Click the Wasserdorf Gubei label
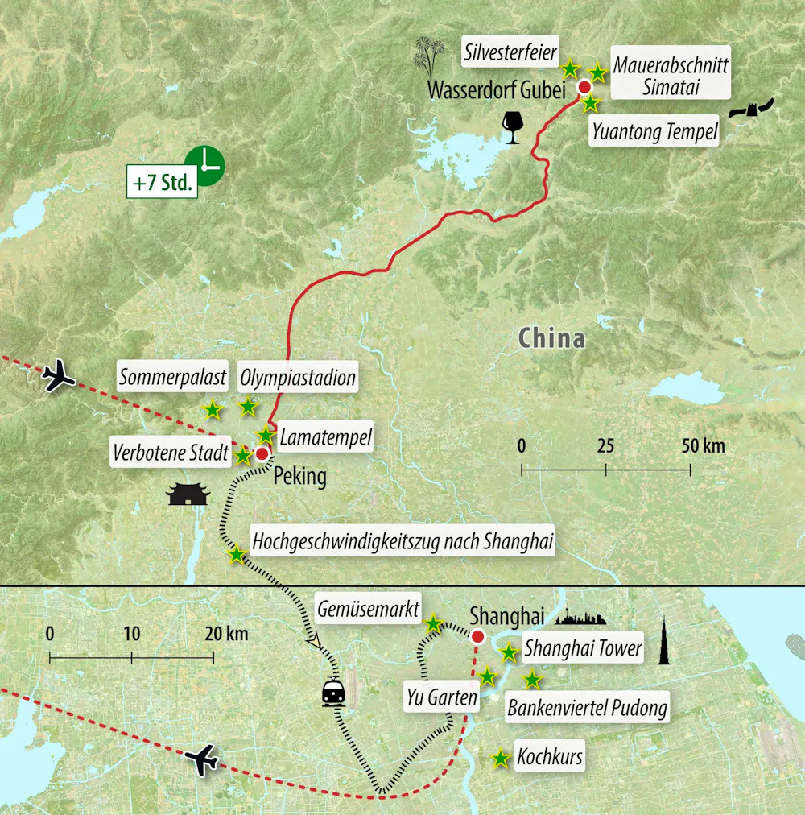pos(497,89)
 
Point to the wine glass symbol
pos(511,127)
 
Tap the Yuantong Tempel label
pos(654,132)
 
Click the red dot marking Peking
pos(262,454)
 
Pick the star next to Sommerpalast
pos(212,410)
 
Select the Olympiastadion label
pos(298,377)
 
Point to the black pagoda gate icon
pos(188,494)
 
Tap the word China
pos(551,337)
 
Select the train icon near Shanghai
pos(334,693)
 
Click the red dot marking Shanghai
pos(477,638)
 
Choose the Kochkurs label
pos(550,757)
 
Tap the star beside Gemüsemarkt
pos(433,623)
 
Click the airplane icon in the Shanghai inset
pos(201,759)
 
